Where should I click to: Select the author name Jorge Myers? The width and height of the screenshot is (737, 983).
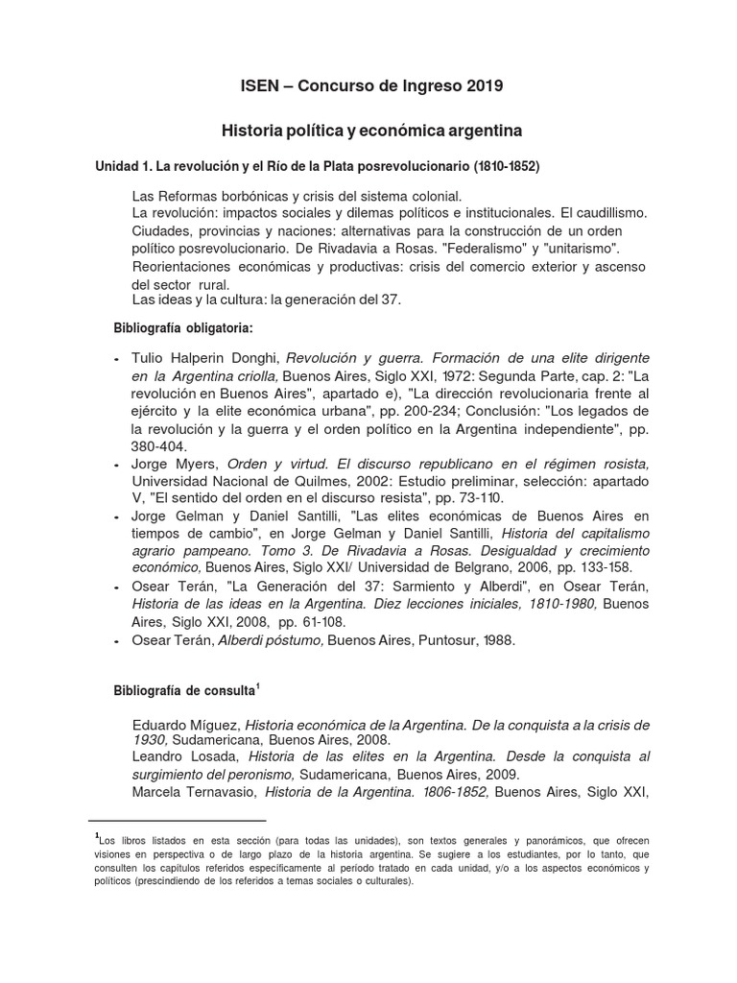[173, 465]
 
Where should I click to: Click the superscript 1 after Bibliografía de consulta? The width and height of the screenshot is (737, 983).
[257, 685]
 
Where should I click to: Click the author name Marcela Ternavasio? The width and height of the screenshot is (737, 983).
[194, 793]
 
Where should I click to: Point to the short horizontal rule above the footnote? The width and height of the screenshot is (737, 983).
[177, 822]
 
